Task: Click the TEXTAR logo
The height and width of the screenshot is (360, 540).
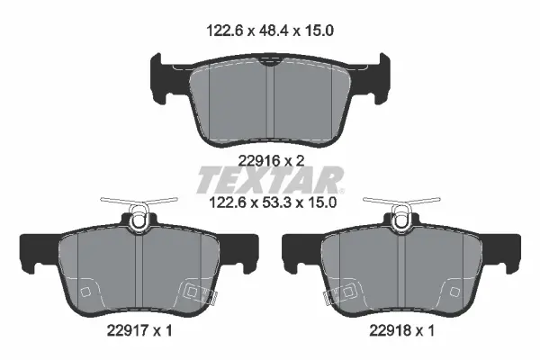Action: tap(270, 180)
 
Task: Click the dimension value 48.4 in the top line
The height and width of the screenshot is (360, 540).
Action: tap(273, 31)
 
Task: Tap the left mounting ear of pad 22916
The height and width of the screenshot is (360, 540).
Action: tap(157, 77)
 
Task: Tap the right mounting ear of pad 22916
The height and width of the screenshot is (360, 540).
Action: tap(382, 77)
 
